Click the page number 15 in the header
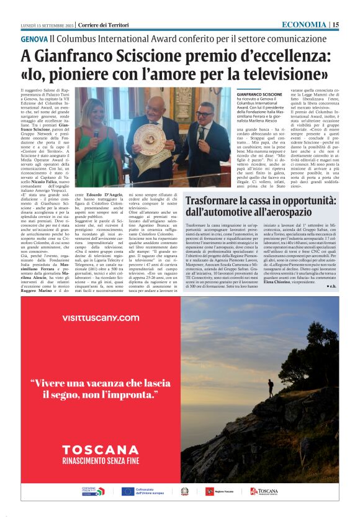tap(335, 24)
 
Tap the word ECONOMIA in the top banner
tap(304, 24)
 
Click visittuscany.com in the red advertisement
tap(101, 318)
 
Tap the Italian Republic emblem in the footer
tap(184, 491)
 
